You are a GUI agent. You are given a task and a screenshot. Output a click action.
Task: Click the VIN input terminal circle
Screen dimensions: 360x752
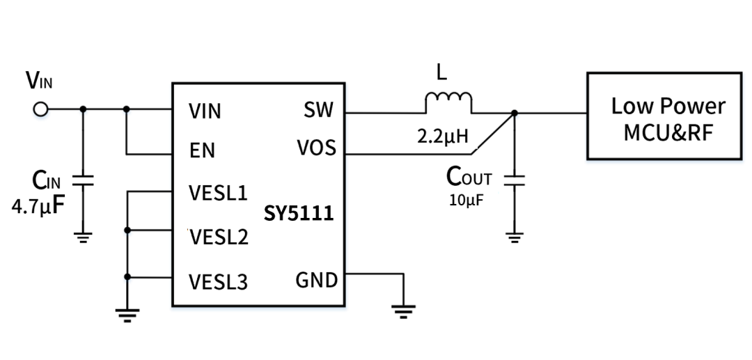[x=40, y=109]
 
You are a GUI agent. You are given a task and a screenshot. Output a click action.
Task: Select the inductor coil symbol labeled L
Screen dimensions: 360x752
[x=448, y=102]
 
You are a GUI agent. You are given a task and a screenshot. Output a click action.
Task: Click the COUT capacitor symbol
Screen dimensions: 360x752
[x=514, y=180]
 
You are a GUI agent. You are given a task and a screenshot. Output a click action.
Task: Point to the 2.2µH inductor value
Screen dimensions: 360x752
[x=442, y=136]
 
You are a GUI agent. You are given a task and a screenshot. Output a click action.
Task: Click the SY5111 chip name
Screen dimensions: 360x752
[x=299, y=213]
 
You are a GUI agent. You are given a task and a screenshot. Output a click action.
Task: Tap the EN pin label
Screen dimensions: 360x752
[x=202, y=151]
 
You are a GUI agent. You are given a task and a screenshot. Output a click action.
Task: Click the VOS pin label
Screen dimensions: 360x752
[x=315, y=148]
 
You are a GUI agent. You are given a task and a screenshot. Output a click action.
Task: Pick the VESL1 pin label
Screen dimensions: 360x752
[x=218, y=193]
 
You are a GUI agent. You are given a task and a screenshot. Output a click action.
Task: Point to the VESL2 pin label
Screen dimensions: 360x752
[x=219, y=238]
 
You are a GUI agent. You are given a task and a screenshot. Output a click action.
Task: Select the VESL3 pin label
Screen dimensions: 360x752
[x=219, y=282]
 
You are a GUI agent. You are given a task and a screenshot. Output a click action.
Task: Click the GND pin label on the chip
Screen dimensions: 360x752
[x=316, y=281]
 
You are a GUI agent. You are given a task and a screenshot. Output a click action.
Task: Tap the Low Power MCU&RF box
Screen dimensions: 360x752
[x=663, y=116]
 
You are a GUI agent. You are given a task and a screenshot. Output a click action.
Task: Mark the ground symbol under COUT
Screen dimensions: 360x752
[x=514, y=237]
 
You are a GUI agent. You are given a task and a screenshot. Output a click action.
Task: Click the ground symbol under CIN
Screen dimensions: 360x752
[x=83, y=237]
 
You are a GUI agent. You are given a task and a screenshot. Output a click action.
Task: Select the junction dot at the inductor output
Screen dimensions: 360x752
[x=514, y=113]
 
